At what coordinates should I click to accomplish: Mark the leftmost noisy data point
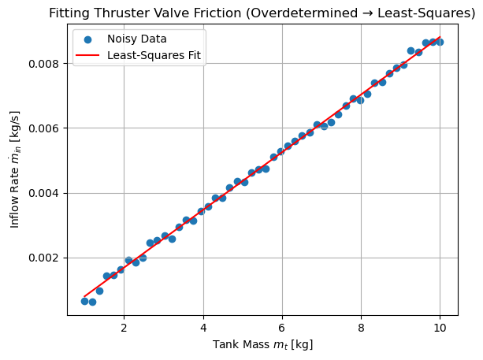pyautogui.click(x=84, y=301)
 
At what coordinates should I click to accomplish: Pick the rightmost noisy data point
pyautogui.click(x=440, y=42)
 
